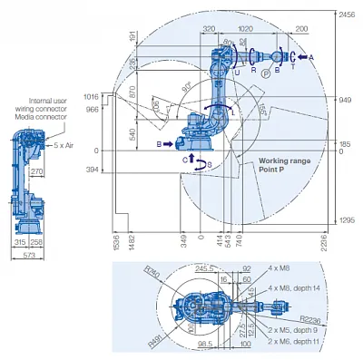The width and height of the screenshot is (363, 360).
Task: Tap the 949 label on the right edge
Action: click(343, 100)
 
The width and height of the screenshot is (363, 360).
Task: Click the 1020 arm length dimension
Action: click(244, 28)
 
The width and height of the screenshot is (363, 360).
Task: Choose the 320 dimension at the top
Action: click(209, 28)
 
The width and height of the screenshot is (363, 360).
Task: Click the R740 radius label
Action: click(152, 272)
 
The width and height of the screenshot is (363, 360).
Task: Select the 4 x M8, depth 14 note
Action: click(291, 287)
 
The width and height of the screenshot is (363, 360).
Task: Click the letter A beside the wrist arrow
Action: click(311, 56)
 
